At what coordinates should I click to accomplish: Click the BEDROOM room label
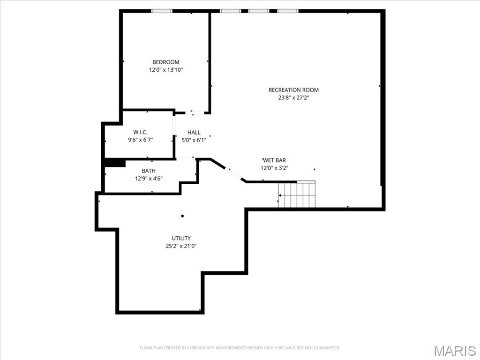165,62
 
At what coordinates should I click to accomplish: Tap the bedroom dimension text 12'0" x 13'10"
165,70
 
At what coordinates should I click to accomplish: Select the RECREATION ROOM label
293,90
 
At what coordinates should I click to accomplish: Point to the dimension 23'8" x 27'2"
293,98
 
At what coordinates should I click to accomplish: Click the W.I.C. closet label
140,132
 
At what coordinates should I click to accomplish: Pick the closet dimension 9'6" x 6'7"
140,140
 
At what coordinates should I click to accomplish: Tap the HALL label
194,133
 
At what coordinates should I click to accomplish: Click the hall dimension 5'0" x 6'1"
194,140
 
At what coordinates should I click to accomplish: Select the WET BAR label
274,160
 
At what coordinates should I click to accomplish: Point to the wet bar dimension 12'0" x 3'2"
274,168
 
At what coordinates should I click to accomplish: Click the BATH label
149,171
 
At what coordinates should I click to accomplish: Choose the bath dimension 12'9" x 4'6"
149,178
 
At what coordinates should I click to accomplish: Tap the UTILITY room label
181,238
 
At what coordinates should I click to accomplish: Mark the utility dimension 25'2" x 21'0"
181,246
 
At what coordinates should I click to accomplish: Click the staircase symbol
297,195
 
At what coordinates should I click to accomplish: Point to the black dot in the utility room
182,216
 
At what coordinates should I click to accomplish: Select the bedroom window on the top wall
162,11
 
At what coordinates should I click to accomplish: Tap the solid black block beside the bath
114,163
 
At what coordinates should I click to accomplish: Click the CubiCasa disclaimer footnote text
240,348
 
